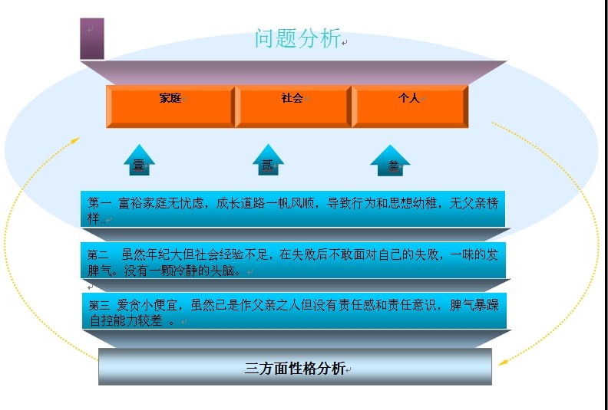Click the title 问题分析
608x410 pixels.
(298, 39)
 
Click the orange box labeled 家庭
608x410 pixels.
(170, 106)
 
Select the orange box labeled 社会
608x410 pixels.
(292, 106)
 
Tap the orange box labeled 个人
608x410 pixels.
(409, 106)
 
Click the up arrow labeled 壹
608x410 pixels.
(139, 160)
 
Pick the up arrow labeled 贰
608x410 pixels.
(268, 160)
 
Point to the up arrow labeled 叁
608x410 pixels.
(391, 161)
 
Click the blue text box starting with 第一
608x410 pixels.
(294, 209)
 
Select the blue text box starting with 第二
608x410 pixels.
(294, 261)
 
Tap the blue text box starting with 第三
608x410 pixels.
(294, 312)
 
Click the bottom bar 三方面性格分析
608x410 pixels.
(295, 368)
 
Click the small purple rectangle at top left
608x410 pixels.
(91, 38)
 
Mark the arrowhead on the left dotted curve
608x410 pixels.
(75, 140)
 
